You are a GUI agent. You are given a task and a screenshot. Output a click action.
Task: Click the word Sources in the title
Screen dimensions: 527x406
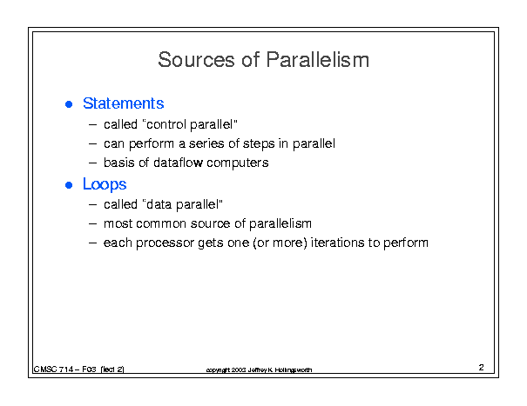tap(196, 60)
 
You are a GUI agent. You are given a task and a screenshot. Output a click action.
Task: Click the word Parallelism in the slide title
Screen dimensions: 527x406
tap(318, 60)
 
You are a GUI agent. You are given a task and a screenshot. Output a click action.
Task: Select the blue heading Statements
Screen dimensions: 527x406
tap(124, 103)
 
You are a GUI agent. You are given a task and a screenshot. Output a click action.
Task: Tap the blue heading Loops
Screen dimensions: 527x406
tap(105, 185)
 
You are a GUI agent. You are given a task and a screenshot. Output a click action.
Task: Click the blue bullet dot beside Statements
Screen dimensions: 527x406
tap(69, 104)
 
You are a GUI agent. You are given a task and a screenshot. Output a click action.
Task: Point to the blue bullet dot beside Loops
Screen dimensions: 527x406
tap(69, 185)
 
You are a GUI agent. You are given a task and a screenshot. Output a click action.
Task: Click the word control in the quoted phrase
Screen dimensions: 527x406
tap(166, 124)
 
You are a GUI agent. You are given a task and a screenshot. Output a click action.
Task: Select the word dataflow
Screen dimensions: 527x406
tap(178, 163)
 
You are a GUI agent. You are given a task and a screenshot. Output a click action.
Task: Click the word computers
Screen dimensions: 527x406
tap(237, 163)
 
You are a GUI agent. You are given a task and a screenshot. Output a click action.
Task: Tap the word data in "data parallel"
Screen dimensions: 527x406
tap(159, 204)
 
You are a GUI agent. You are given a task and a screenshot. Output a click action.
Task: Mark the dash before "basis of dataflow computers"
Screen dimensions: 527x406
tap(92, 163)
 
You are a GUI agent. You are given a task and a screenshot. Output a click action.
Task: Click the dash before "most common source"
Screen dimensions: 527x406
tap(92, 223)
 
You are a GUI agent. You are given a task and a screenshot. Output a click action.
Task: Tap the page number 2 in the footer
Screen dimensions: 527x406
tap(482, 368)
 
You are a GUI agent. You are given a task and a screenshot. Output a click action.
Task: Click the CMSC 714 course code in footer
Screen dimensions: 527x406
tap(53, 369)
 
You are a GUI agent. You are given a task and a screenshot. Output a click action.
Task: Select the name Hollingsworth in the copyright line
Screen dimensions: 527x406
tap(294, 370)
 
